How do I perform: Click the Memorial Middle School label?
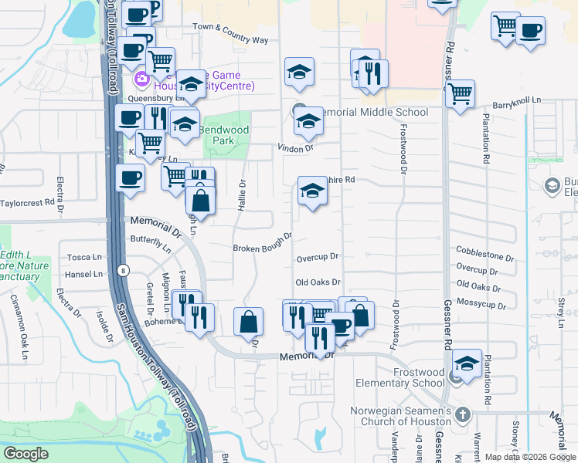click(x=372, y=113)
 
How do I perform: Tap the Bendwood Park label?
click(x=224, y=136)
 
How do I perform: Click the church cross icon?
click(x=463, y=415)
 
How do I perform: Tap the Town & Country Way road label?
click(x=230, y=33)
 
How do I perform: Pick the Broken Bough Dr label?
click(x=263, y=243)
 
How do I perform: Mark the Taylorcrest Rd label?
click(x=29, y=203)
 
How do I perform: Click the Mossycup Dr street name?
click(x=484, y=302)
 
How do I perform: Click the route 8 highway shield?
click(x=124, y=270)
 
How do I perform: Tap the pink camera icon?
click(x=141, y=79)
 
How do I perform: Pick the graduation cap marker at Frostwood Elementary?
click(x=467, y=362)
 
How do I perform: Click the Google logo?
click(x=25, y=454)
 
